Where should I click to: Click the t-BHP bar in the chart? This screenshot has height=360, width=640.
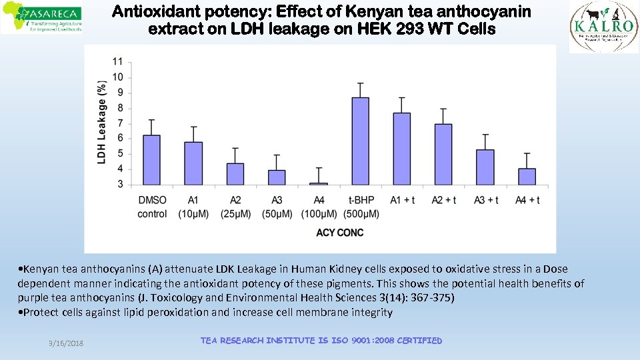click(x=360, y=141)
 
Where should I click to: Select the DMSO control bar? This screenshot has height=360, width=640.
click(x=152, y=160)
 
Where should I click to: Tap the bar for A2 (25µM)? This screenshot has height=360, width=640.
click(x=235, y=174)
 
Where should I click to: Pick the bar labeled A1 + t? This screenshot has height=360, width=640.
click(x=401, y=149)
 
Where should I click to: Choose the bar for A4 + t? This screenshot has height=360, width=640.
click(x=527, y=177)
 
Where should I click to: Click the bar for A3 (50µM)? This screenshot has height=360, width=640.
click(x=277, y=177)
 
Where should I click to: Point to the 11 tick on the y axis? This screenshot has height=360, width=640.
click(x=117, y=61)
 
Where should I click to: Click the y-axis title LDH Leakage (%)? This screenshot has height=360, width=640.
click(x=102, y=123)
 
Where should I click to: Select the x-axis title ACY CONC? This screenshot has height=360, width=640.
click(x=339, y=233)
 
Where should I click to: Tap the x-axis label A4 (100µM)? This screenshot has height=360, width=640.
click(x=319, y=207)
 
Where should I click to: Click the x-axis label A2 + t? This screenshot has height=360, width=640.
click(x=443, y=200)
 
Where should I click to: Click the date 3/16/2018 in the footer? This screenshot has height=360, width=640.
click(x=65, y=343)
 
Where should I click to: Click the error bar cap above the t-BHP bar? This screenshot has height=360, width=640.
click(x=360, y=83)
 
